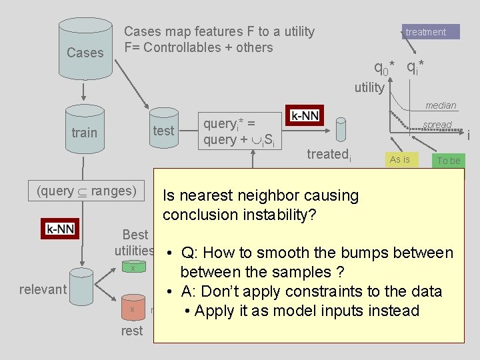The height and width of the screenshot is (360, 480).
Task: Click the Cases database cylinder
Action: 85,47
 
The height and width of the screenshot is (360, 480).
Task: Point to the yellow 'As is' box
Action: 400,159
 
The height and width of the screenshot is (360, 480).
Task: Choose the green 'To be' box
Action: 448,161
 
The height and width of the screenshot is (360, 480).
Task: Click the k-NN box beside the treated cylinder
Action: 305,115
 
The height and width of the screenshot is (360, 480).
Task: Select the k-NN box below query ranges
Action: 60,228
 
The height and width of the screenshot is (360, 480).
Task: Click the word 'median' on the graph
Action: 441,105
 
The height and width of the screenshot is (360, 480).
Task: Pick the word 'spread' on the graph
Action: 437,125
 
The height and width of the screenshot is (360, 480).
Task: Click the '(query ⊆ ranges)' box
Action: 87,191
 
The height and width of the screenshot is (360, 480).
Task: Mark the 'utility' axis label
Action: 369,87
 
